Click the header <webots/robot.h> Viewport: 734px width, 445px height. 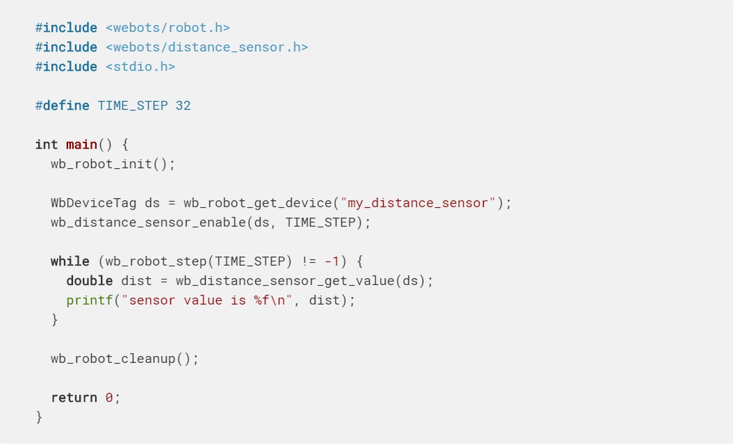point(168,28)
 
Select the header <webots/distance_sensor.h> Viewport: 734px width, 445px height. point(206,47)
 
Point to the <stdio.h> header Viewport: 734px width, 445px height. point(140,67)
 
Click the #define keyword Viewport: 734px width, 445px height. point(62,106)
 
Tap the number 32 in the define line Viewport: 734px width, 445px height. point(183,106)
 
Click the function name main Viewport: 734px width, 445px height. point(81,145)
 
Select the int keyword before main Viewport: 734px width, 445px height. point(47,145)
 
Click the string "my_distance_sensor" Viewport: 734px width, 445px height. point(417,203)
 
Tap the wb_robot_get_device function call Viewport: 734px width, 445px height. point(257,203)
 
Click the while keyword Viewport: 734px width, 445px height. point(70,261)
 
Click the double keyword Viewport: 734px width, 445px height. point(90,281)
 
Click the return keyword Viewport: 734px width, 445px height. point(74,398)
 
